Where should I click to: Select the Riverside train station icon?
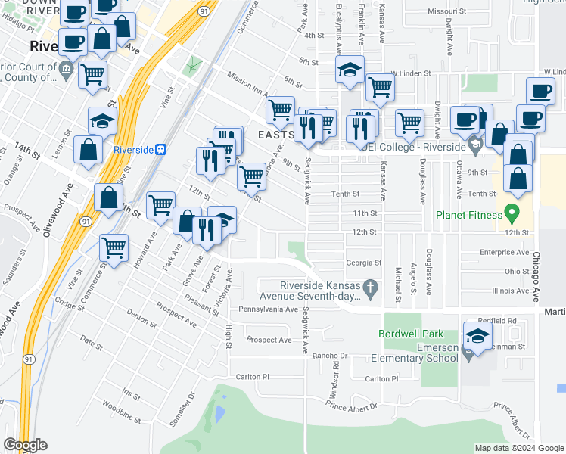[x=160, y=150]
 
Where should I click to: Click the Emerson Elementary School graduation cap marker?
[x=477, y=337]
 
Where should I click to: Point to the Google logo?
[x=25, y=445]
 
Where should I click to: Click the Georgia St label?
[x=363, y=263]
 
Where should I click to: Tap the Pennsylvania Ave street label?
[x=269, y=309]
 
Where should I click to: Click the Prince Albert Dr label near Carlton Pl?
[x=351, y=407]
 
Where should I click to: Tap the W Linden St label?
[x=410, y=74]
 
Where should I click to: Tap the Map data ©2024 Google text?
[x=519, y=448]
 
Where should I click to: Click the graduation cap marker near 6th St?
[x=350, y=70]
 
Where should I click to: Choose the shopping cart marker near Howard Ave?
[x=160, y=204]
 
